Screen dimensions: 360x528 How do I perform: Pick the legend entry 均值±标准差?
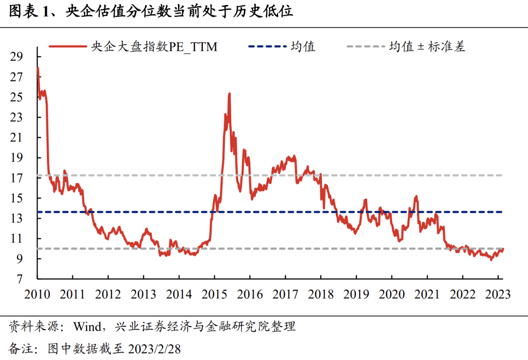tap(427, 47)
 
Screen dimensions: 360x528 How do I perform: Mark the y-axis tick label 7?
tap(20, 279)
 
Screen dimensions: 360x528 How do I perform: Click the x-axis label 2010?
tap(37, 294)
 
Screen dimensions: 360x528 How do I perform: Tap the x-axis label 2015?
tap(214, 294)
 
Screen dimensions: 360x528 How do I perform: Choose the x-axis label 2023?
tap(498, 294)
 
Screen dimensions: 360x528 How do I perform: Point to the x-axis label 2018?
tap(321, 294)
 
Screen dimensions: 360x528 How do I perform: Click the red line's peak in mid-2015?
tap(229, 93)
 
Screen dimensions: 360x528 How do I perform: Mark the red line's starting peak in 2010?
tap(38, 68)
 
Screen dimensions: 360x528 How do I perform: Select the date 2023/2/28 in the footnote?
tap(154, 349)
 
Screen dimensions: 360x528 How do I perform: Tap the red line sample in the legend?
tap(67, 47)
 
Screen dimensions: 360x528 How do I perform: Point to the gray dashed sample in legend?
tap(365, 47)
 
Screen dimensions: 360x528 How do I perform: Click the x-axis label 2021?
tap(427, 294)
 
